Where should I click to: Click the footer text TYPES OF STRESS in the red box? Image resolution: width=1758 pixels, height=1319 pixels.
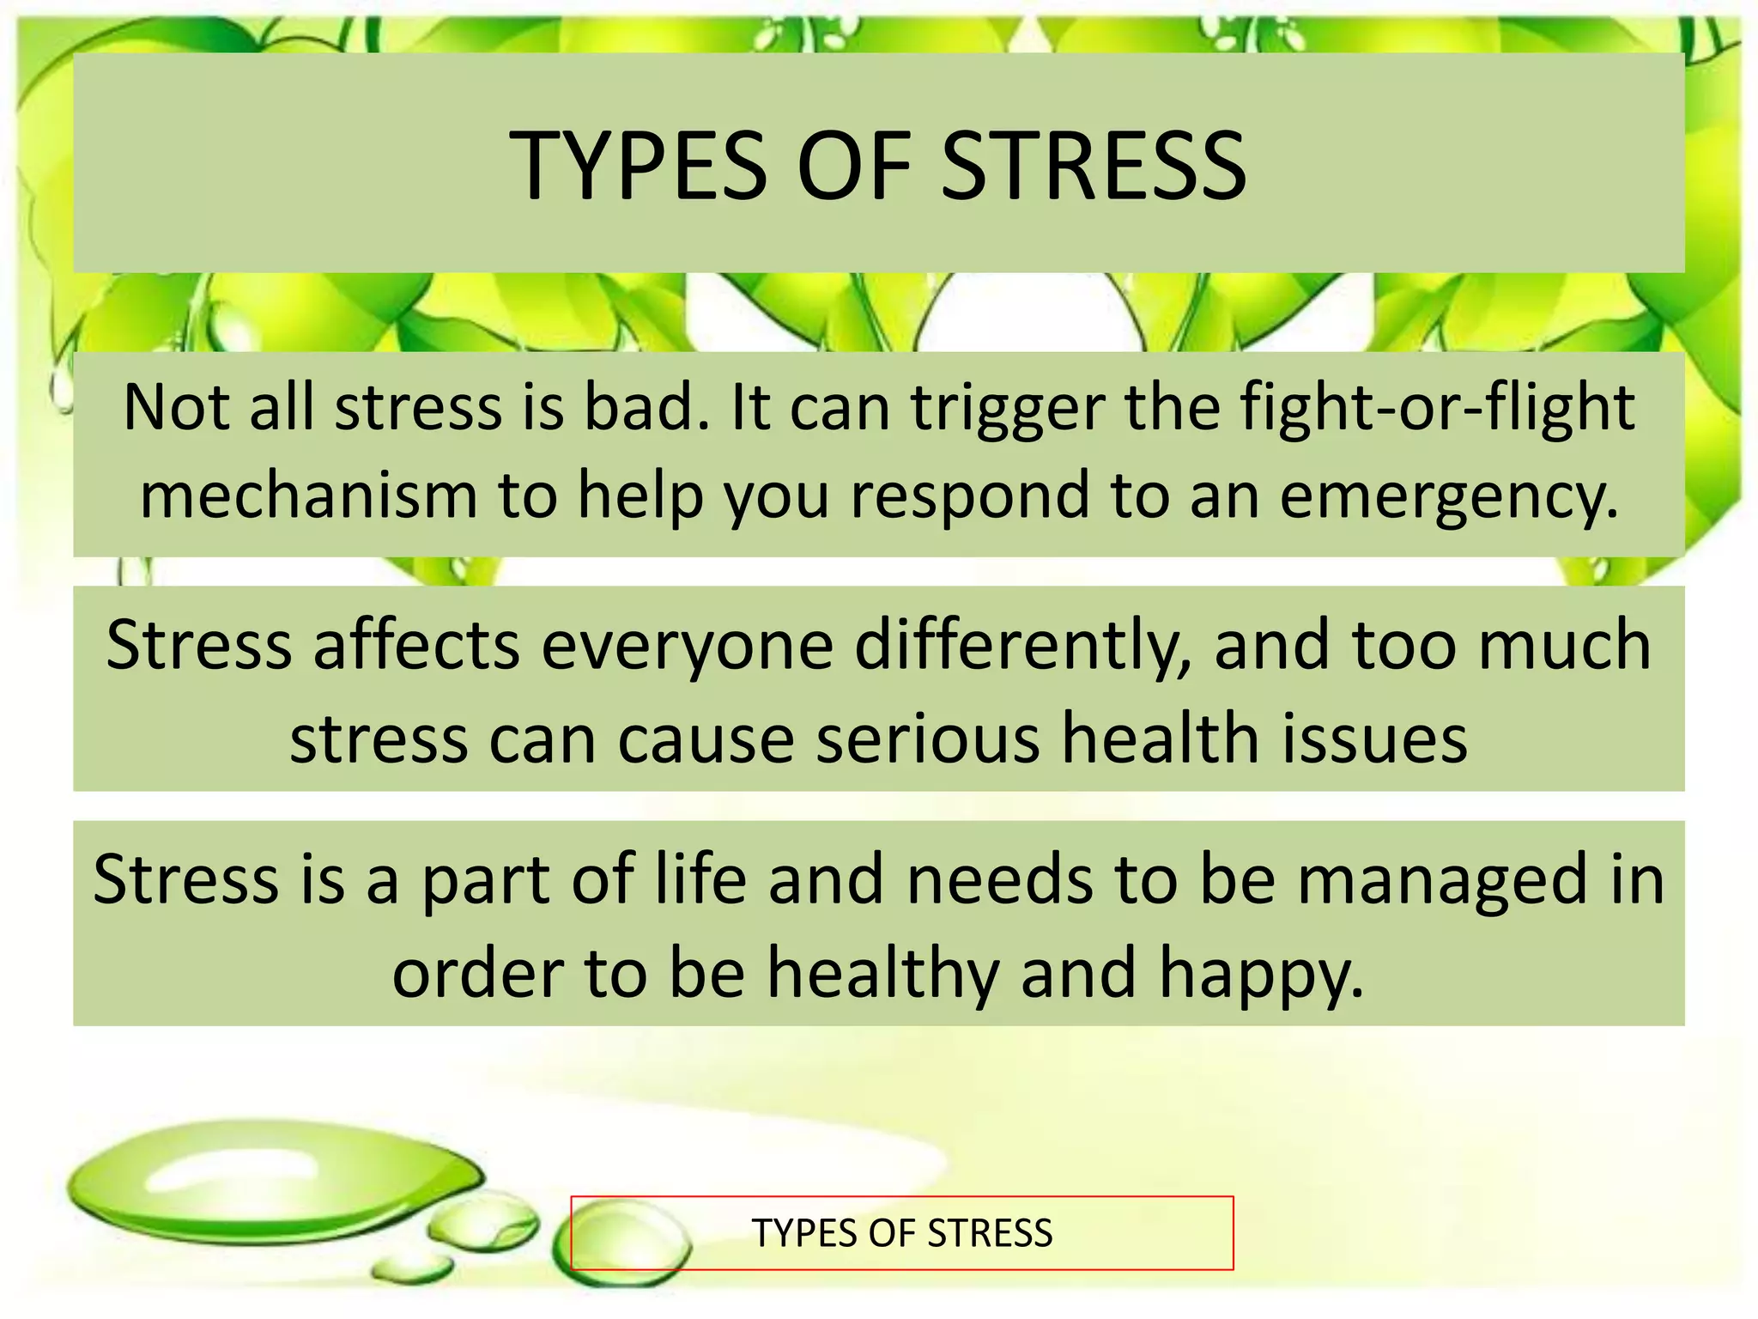901,1233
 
